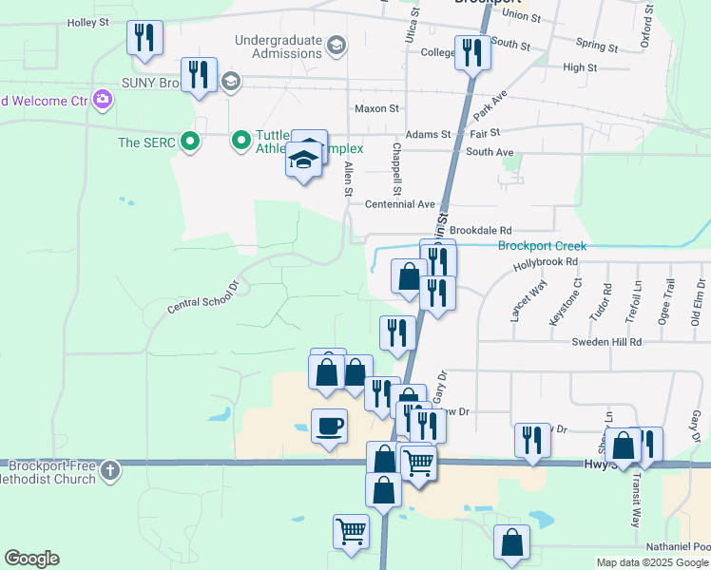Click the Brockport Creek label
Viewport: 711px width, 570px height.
tap(542, 246)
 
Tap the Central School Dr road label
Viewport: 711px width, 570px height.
tap(202, 297)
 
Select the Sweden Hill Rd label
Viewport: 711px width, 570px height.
tap(606, 341)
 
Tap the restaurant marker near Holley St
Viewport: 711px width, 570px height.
tap(144, 38)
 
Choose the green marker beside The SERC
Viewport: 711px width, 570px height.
tap(190, 142)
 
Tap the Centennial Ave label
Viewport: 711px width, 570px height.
tap(399, 204)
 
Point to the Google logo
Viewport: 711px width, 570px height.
tap(31, 559)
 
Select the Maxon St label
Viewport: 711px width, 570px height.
tap(376, 109)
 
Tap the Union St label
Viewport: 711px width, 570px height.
tap(521, 16)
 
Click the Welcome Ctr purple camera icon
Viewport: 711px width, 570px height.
tap(103, 99)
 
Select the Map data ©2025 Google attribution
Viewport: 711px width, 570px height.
tap(653, 562)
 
